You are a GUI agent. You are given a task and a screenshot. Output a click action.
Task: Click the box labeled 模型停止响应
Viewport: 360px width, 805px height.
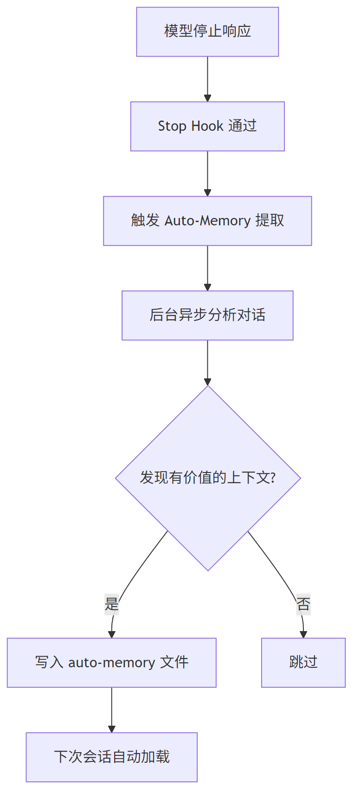pyautogui.click(x=207, y=32)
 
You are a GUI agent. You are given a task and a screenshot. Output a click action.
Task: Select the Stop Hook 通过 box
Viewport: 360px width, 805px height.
pyautogui.click(x=207, y=127)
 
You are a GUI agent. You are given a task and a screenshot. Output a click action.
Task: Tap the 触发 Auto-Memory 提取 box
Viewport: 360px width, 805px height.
pyautogui.click(x=207, y=221)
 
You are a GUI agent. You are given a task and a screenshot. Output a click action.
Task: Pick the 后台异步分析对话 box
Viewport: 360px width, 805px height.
pyautogui.click(x=207, y=315)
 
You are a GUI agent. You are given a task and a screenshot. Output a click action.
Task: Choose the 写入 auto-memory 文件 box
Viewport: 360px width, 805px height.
pyautogui.click(x=111, y=663)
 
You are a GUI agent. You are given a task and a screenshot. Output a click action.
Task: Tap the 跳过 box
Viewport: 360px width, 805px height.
pyautogui.click(x=303, y=663)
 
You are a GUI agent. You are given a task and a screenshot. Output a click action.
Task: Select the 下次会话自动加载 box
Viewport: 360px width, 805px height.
pyautogui.click(x=111, y=757)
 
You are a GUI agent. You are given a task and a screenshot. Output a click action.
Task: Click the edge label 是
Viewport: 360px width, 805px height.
pyautogui.click(x=112, y=604)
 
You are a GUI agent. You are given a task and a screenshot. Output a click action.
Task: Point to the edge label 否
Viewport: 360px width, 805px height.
pyautogui.click(x=303, y=604)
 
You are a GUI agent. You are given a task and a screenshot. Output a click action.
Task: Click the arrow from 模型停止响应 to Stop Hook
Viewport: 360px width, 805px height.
pyautogui.click(x=207, y=79)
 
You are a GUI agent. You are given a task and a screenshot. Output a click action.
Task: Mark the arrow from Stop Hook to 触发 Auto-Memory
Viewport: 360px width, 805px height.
pyautogui.click(x=207, y=173)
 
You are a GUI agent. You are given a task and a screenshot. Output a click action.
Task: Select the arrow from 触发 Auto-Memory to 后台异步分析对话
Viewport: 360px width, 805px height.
pyautogui.click(x=207, y=268)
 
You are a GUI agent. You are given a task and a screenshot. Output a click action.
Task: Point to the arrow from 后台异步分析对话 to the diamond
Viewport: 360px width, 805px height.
pyautogui.click(x=207, y=363)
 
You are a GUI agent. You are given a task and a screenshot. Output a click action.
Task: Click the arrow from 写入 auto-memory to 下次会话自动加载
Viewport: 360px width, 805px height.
pyautogui.click(x=111, y=709)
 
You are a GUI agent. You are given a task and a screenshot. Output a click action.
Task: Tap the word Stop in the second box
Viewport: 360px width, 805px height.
pyautogui.click(x=172, y=126)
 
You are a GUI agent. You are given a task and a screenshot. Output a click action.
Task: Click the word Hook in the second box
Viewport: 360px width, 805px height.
pyautogui.click(x=207, y=126)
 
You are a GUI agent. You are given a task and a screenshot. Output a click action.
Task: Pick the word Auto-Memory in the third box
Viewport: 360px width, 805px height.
pyautogui.click(x=207, y=221)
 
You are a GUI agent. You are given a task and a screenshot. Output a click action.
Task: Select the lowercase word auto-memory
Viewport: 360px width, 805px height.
pyautogui.click(x=111, y=663)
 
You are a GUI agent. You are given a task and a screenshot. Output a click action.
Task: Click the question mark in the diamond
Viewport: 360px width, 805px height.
pyautogui.click(x=272, y=478)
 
